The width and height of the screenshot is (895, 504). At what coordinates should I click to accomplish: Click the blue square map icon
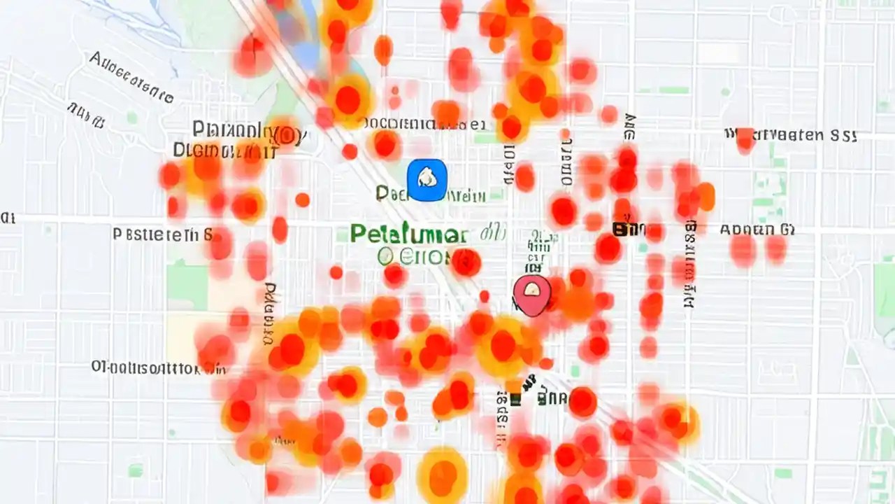click(427, 180)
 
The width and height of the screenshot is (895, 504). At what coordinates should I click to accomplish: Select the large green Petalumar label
click(409, 234)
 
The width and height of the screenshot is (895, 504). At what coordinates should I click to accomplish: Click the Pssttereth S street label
click(162, 234)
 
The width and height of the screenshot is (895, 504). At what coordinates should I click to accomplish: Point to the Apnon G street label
click(757, 229)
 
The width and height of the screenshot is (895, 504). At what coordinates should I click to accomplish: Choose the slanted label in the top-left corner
click(131, 77)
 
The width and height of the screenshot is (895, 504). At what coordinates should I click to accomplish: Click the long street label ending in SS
click(790, 135)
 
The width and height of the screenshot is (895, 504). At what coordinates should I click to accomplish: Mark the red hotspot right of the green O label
click(466, 262)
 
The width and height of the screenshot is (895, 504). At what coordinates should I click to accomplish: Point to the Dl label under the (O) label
click(224, 149)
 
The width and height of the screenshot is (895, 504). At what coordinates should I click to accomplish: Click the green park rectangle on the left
click(187, 287)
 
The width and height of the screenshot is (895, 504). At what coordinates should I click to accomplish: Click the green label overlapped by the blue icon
click(430, 194)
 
